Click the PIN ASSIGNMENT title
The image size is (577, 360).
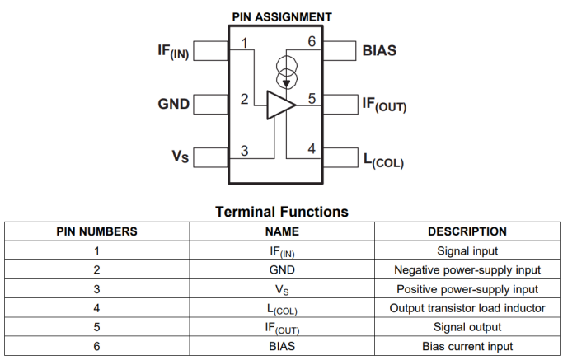point(282,16)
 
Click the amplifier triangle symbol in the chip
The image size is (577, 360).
point(280,104)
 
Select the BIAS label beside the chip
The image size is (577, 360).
point(379,50)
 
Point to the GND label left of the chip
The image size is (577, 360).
point(173,105)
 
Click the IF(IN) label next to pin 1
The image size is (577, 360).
point(172,51)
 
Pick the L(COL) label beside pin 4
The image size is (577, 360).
point(383,158)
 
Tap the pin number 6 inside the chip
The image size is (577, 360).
point(311,42)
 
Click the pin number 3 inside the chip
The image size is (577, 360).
point(244,150)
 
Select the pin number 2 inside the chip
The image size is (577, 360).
point(244,99)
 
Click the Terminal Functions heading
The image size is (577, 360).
point(282,212)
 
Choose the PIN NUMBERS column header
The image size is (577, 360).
point(96,231)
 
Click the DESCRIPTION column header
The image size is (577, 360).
point(467,231)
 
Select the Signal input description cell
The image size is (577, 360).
point(467,251)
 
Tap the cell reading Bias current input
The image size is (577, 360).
point(467,347)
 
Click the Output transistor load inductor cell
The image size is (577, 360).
point(467,309)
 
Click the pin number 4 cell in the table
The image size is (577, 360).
point(96,309)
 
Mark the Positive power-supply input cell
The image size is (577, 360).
point(467,289)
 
